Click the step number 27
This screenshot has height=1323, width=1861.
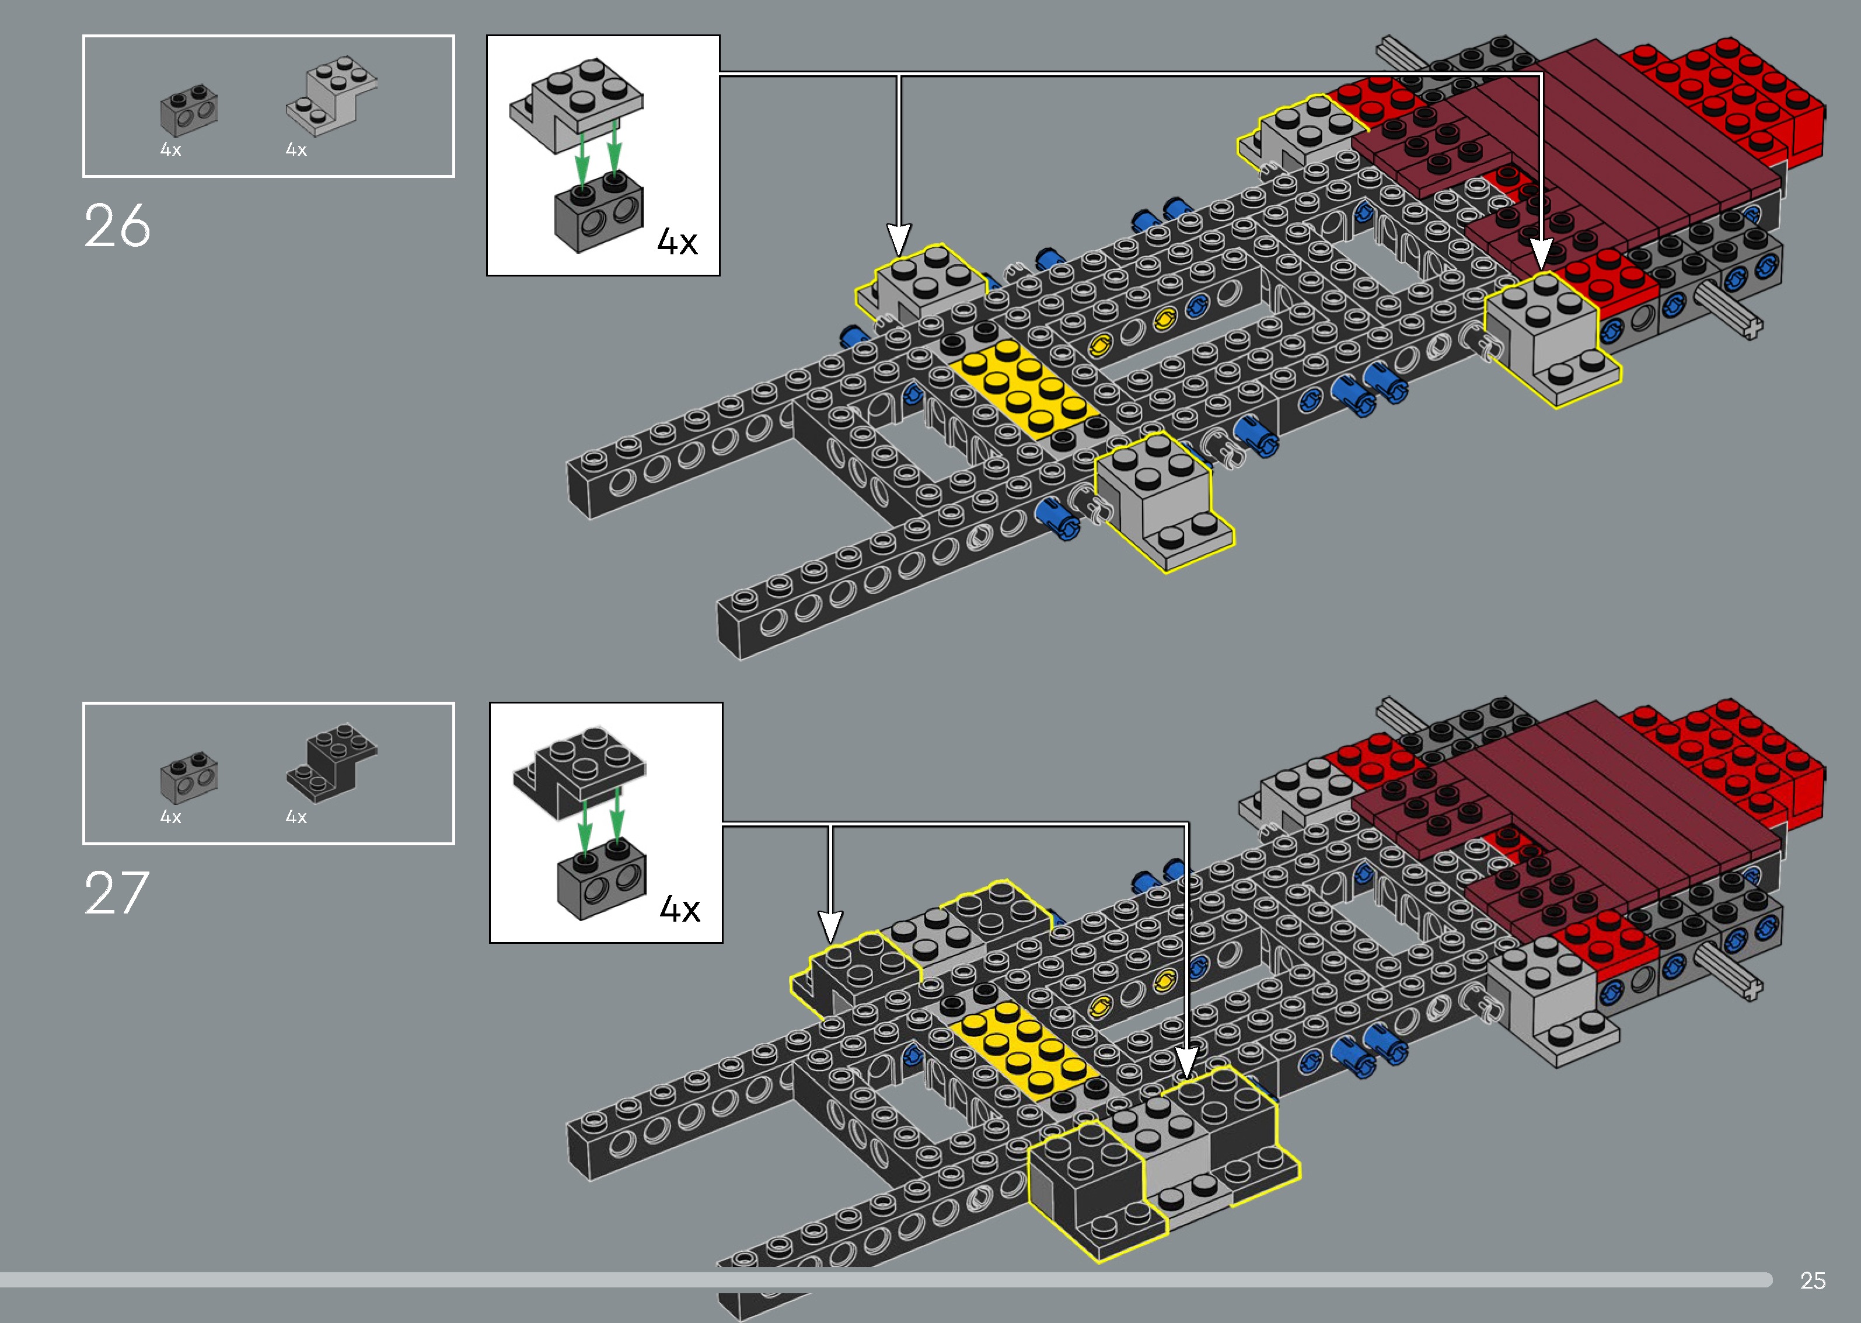(x=117, y=893)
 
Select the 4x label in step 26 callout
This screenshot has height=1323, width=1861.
(x=677, y=242)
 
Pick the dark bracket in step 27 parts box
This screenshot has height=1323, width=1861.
(x=331, y=761)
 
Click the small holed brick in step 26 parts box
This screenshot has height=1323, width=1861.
(x=189, y=111)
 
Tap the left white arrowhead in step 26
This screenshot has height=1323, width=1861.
(x=898, y=240)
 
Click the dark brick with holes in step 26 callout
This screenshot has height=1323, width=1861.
(x=599, y=213)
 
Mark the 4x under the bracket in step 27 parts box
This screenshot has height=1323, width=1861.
(x=296, y=816)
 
